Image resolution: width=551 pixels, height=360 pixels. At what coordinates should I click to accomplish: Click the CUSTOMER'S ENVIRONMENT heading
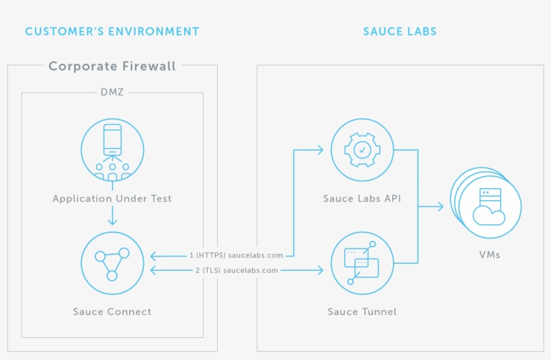(x=112, y=32)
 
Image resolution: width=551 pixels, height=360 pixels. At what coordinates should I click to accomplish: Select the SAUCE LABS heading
(x=400, y=32)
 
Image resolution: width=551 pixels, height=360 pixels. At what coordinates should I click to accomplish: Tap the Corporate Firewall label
(x=112, y=66)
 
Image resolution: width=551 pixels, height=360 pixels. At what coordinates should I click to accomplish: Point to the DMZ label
(x=112, y=93)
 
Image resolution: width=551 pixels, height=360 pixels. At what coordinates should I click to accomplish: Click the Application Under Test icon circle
(x=112, y=149)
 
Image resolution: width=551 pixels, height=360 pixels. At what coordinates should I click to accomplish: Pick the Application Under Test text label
(x=112, y=199)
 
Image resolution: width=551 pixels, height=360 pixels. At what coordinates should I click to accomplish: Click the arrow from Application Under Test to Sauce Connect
(x=112, y=216)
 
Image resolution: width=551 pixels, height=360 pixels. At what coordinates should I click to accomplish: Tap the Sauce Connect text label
(x=112, y=312)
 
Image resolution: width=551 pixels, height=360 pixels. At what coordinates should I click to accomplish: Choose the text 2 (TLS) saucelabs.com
(x=236, y=270)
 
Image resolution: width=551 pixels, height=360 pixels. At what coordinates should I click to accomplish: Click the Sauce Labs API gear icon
(x=362, y=149)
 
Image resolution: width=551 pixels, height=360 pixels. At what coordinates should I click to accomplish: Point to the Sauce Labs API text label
(x=362, y=199)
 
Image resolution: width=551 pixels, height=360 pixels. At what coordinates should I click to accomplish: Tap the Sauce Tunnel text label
(x=362, y=312)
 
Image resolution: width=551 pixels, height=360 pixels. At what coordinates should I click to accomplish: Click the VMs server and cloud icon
(x=489, y=205)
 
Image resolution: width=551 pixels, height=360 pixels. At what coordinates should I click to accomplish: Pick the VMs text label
(x=489, y=255)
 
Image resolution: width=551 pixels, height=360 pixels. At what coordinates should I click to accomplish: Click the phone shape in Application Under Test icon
(x=112, y=140)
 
